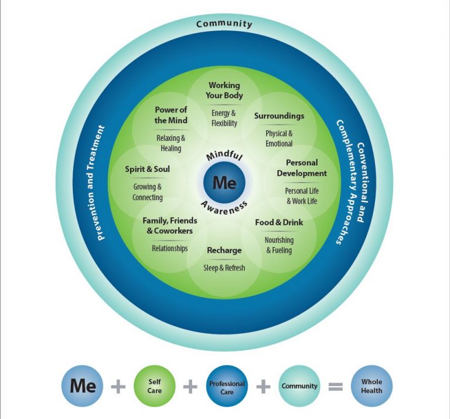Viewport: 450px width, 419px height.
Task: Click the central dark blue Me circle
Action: click(224, 183)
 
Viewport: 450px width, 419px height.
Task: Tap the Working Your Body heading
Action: click(224, 90)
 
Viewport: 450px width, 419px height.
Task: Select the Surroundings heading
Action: click(279, 116)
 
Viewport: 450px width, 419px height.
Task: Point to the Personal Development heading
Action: click(302, 168)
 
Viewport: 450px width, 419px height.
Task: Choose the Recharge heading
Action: click(224, 251)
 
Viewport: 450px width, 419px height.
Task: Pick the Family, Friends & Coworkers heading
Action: click(170, 226)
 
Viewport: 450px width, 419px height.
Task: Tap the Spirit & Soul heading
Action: click(147, 169)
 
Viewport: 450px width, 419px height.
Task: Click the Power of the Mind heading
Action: click(171, 115)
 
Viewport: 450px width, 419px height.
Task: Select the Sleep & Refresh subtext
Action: click(224, 268)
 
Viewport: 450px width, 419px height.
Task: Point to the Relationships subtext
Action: click(170, 248)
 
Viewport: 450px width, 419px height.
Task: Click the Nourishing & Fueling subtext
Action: click(279, 245)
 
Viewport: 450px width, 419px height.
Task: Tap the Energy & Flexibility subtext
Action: click(224, 118)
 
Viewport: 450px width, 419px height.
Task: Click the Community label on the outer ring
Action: click(224, 24)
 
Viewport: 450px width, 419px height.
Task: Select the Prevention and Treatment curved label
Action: click(101, 183)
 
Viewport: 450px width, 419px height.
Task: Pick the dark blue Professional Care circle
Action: click(227, 387)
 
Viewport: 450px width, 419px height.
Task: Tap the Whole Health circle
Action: click(371, 386)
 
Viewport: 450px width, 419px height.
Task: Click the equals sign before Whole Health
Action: click(335, 387)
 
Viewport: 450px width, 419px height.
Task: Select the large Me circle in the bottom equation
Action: click(83, 386)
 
